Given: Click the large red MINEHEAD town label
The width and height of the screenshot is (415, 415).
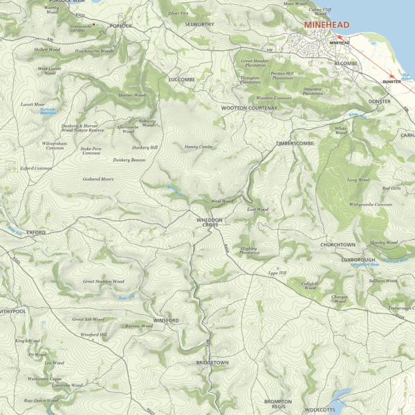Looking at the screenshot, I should (x=327, y=25).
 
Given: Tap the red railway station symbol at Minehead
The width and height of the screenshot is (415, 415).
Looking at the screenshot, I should (x=340, y=39).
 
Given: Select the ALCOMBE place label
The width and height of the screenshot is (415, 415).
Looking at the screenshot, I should (x=346, y=63).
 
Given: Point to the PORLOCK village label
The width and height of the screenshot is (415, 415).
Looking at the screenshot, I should (x=120, y=26).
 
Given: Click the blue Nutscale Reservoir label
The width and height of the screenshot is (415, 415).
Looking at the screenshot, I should (x=48, y=111).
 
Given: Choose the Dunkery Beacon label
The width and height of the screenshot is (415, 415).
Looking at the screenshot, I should (x=129, y=160).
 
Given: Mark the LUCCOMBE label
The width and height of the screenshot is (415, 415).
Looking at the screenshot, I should (x=182, y=80).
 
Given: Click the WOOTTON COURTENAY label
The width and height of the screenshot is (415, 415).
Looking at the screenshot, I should (x=249, y=109).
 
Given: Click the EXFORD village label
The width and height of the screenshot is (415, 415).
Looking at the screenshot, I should (x=36, y=232).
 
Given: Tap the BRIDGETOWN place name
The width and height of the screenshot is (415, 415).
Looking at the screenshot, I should (x=212, y=362).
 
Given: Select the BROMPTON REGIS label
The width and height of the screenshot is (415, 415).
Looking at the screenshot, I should (x=278, y=404).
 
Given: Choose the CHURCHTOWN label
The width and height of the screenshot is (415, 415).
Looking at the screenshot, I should (x=338, y=245).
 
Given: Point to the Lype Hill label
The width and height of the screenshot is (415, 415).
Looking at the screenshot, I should (x=277, y=273).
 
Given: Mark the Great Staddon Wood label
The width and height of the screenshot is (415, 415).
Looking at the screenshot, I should (x=104, y=282).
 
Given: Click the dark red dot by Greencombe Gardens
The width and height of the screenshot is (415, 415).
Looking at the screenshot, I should (x=95, y=24).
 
